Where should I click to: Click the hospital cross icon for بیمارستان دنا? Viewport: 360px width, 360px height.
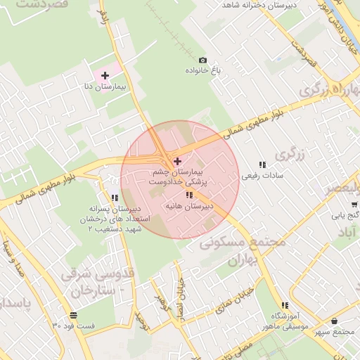(105, 75)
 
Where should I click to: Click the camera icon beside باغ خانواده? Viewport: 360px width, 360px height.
(203, 60)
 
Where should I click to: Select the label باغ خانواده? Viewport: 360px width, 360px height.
(203, 72)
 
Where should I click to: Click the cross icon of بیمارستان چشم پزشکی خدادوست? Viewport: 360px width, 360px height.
(177, 161)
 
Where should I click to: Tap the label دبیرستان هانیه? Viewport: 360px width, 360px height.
(188, 207)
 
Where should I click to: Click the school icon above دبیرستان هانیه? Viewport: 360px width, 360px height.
(188, 195)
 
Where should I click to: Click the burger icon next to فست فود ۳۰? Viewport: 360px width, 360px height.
(73, 314)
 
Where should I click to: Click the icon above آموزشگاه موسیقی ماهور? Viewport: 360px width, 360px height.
(285, 305)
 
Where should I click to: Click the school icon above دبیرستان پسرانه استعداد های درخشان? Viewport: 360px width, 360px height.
(115, 198)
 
